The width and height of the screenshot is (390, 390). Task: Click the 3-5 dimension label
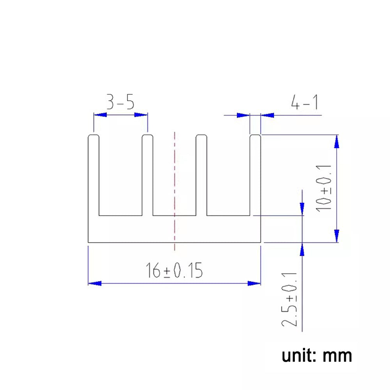pos(121,103)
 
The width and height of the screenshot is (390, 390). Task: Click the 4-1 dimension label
pos(304,103)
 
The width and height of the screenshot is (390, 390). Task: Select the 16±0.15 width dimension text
pos(174,271)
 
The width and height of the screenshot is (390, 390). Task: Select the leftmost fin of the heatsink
pos(94,175)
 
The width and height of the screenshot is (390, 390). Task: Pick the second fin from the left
pos(147,175)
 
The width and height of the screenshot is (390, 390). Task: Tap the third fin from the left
pos(201,175)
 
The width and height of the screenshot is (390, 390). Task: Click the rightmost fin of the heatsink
pos(255,175)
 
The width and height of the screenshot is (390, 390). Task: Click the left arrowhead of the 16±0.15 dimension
pos(94,283)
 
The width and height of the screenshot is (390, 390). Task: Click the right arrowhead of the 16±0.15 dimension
pos(254,283)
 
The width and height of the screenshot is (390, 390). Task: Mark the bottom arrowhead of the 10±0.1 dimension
pos(337,236)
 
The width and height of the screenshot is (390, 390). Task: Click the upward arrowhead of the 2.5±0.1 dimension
pos(302,249)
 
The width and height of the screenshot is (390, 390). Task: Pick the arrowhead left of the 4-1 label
pos(268,115)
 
